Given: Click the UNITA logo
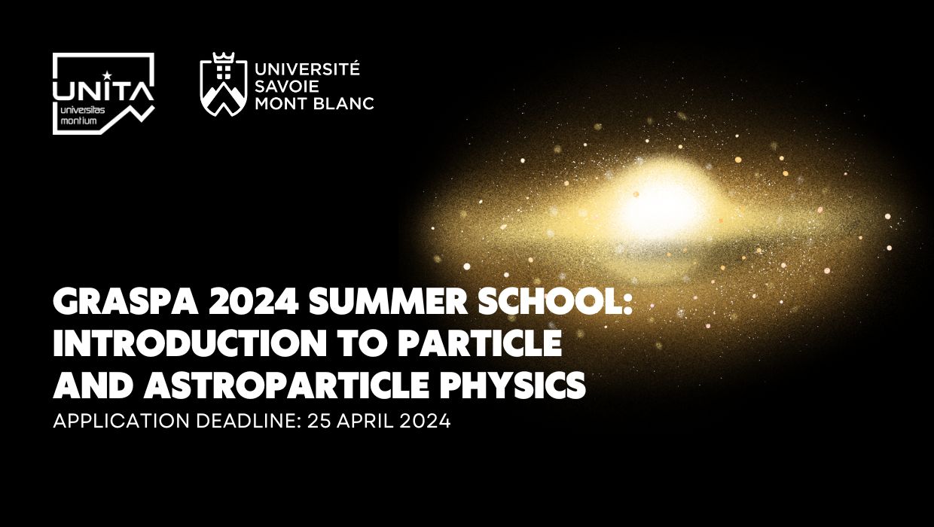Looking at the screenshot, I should click(x=103, y=93).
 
